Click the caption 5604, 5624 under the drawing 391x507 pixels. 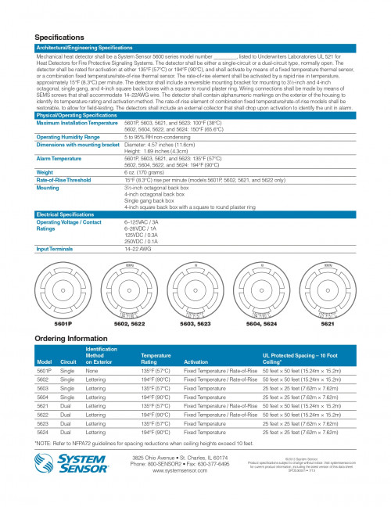point(261,323)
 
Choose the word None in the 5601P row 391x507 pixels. point(91,371)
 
